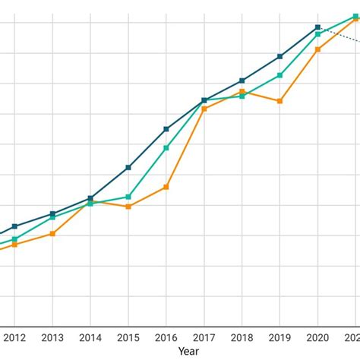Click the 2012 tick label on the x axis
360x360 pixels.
tap(14, 338)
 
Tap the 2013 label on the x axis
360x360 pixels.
tap(52, 338)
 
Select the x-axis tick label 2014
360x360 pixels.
tap(90, 338)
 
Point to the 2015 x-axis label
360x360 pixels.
tap(128, 338)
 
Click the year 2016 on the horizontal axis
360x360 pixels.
tap(166, 338)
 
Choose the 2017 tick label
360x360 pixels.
tap(204, 338)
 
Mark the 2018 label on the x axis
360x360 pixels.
tap(242, 338)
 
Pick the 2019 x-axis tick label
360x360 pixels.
tap(280, 338)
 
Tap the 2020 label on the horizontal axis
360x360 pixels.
tap(318, 338)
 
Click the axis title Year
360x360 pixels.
tap(188, 352)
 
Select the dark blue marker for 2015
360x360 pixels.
tap(128, 167)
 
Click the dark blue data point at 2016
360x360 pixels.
tap(166, 129)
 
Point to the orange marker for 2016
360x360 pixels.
tap(166, 187)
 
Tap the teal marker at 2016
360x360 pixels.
tap(166, 148)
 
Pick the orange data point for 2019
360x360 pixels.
tap(280, 101)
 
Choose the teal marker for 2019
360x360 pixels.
tap(280, 75)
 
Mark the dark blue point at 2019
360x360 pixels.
tap(280, 56)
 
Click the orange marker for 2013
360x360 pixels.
tap(52, 233)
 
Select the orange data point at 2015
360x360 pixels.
tap(128, 207)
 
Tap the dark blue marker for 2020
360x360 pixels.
tap(318, 27)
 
